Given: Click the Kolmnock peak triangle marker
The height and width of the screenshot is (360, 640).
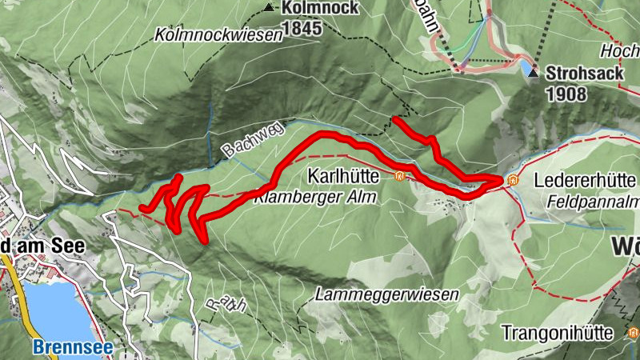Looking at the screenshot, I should point(267,8).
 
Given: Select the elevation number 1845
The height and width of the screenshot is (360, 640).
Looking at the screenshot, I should point(300,29).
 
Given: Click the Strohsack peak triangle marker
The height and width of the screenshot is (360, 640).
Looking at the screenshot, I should point(534,73).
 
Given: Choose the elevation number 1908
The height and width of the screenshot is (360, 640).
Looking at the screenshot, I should point(566,94).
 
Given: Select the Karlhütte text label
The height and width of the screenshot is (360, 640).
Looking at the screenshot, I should point(349,175).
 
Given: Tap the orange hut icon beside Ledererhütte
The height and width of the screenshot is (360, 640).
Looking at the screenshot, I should point(513,179).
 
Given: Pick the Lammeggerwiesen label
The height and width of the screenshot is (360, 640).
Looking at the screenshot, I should point(387,294).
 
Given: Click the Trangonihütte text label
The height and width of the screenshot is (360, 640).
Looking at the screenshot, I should point(558,331).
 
